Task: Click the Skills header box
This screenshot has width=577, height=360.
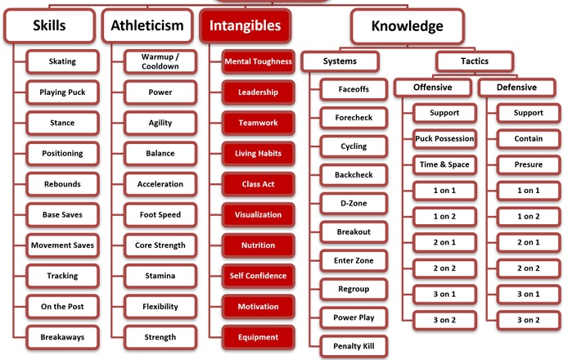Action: pyautogui.click(x=50, y=25)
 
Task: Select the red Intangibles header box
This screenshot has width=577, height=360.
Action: pyautogui.click(x=246, y=25)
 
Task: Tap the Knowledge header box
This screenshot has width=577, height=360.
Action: pyautogui.click(x=408, y=26)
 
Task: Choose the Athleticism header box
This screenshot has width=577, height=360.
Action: pyautogui.click(x=147, y=25)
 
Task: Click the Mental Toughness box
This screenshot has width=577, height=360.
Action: pyautogui.click(x=259, y=61)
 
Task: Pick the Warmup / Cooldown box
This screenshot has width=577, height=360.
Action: pyautogui.click(x=160, y=61)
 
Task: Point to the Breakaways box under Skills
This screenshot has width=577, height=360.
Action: pyautogui.click(x=62, y=337)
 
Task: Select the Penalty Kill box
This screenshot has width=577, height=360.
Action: pyautogui.click(x=354, y=346)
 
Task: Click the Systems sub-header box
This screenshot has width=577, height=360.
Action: pyautogui.click(x=340, y=61)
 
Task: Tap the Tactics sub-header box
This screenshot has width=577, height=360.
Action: pyautogui.click(x=475, y=61)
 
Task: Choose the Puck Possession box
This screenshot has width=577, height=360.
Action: pyautogui.click(x=444, y=138)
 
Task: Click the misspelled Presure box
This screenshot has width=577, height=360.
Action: pyautogui.click(x=529, y=164)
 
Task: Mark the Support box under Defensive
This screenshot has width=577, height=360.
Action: pyautogui.click(x=529, y=113)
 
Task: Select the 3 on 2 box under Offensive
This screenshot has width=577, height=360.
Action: pyautogui.click(x=444, y=320)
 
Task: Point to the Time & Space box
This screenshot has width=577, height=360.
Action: pyautogui.click(x=444, y=164)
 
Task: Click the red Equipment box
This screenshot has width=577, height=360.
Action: pyautogui.click(x=259, y=337)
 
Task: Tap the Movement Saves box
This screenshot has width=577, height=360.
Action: pyautogui.click(x=62, y=245)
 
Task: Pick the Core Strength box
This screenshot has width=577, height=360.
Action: pyautogui.click(x=160, y=245)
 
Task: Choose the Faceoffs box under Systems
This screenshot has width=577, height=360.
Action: pyautogui.click(x=354, y=89)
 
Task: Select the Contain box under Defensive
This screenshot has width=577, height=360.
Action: pyautogui.click(x=529, y=138)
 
